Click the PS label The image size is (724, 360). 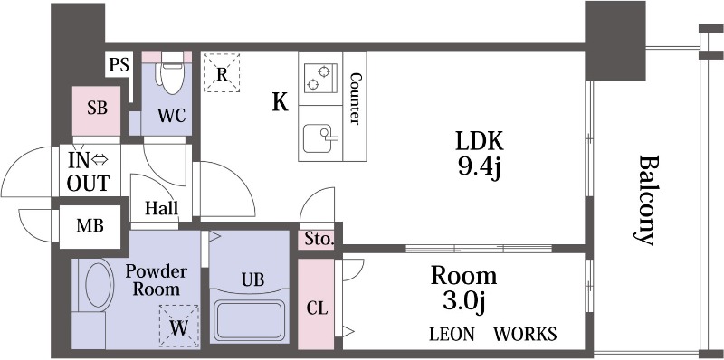119,65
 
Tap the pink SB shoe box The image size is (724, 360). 97,110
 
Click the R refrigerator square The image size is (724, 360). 222,72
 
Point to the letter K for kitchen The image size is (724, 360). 280,102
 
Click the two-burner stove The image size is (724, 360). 320,79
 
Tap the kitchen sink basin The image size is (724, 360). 318,138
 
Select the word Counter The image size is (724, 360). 355,99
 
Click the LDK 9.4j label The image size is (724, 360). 480,155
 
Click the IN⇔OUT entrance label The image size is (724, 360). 88,172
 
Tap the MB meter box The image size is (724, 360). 90,227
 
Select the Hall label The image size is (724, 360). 162,208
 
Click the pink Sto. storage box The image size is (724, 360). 319,240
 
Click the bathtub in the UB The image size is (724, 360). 250,320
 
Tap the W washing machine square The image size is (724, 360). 179,326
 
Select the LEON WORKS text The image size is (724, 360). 492,334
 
